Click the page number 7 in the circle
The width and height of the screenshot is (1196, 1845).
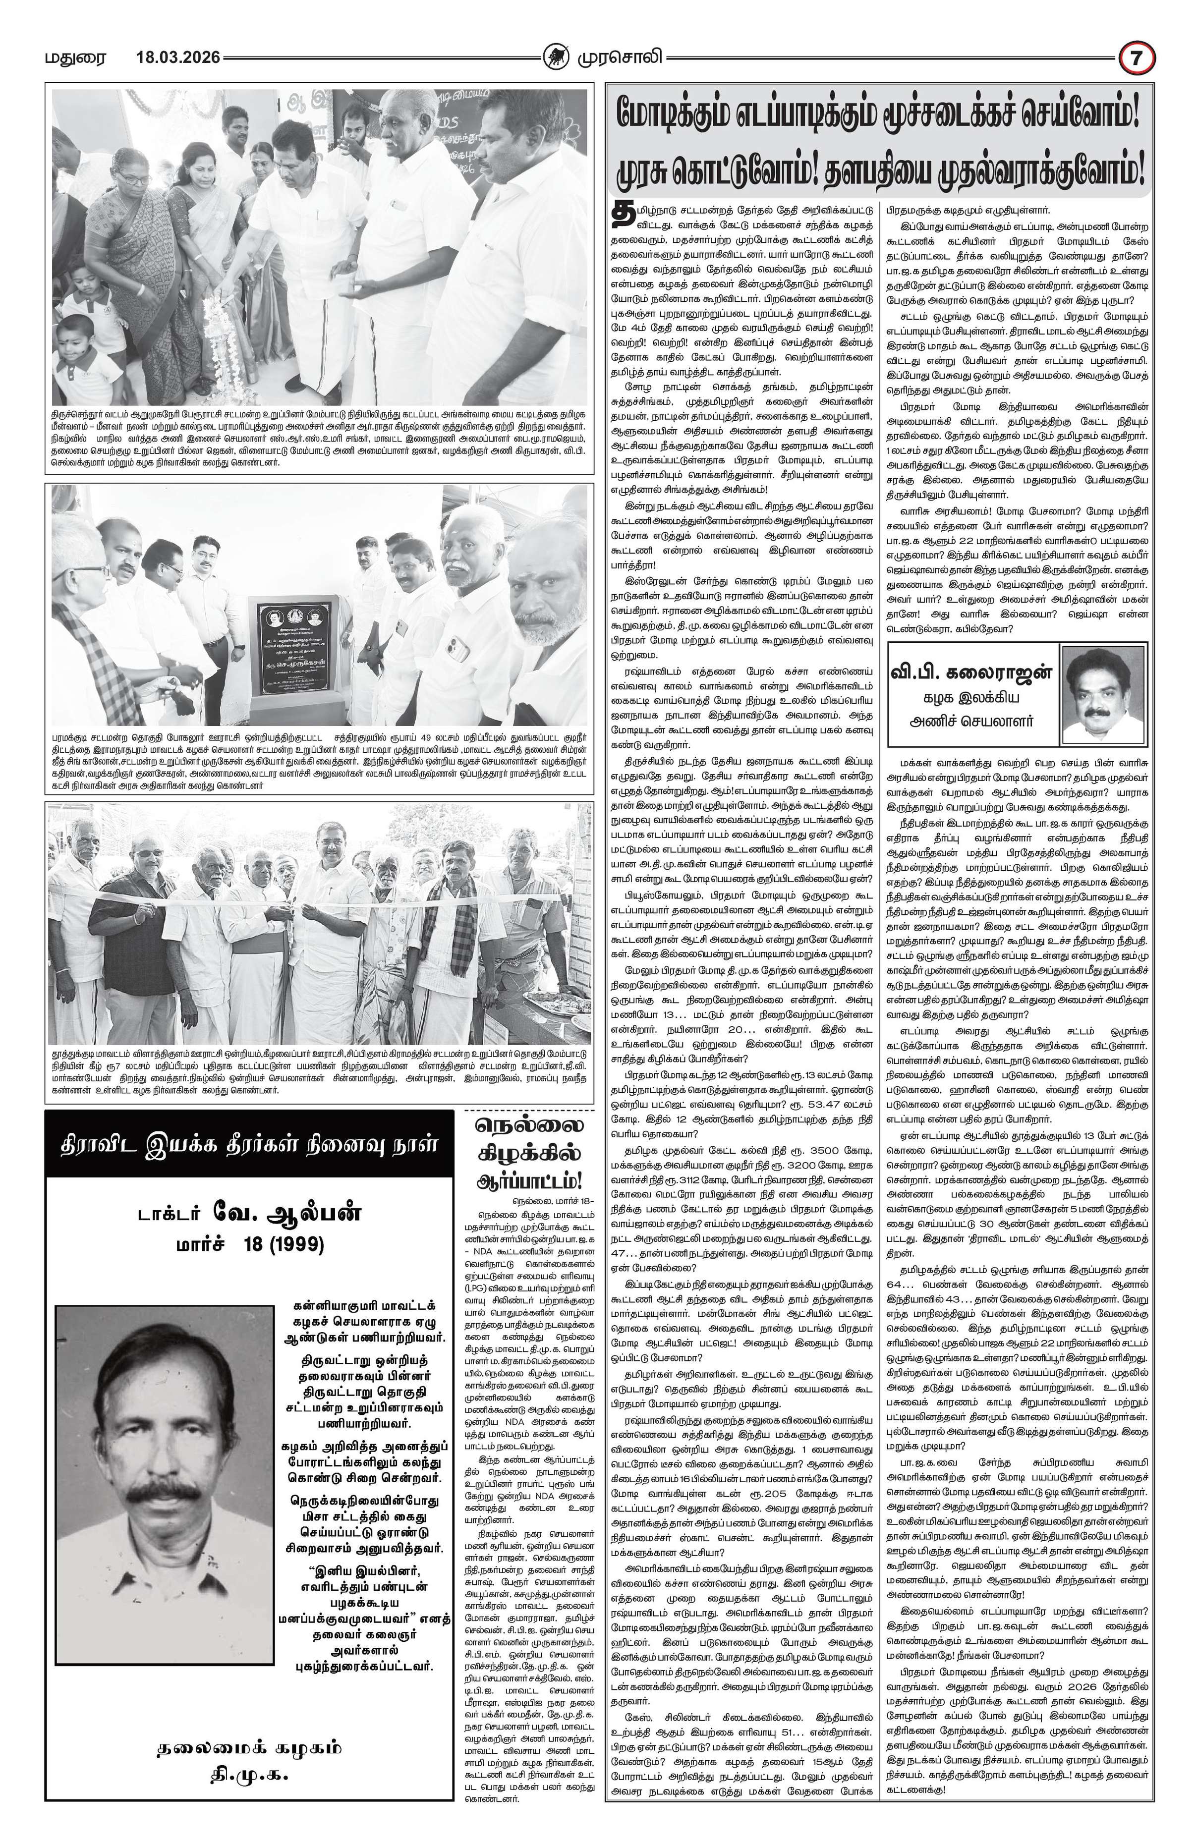pyautogui.click(x=1137, y=58)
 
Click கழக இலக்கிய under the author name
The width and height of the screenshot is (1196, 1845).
pyautogui.click(x=973, y=696)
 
